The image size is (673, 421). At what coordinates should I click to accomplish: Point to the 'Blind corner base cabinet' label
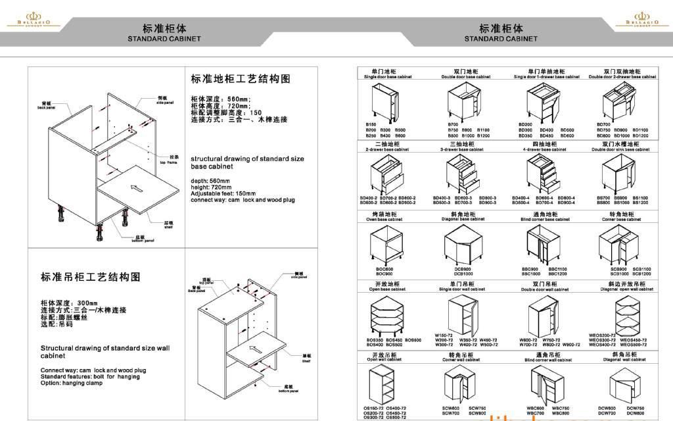[545, 219]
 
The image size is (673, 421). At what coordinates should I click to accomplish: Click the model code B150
[371, 124]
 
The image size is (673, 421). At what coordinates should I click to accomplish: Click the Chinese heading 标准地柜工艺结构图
[240, 79]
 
